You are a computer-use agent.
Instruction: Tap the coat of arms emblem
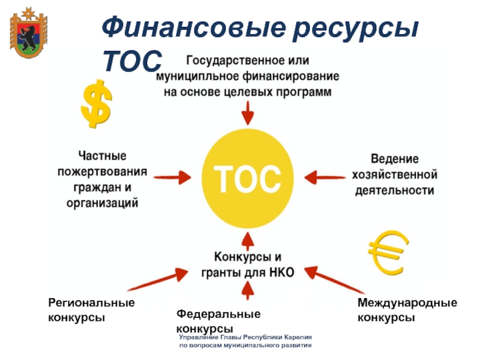[x=28, y=34]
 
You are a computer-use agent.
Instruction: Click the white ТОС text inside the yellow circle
[x=247, y=178]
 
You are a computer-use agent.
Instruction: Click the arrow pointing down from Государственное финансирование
[x=247, y=113]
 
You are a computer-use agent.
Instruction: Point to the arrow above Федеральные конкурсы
[x=247, y=292]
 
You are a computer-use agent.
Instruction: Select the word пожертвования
[x=102, y=172]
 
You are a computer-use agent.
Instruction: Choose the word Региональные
[x=91, y=303]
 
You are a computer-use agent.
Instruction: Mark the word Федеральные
[x=218, y=314]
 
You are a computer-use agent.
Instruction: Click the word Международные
[x=407, y=303]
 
